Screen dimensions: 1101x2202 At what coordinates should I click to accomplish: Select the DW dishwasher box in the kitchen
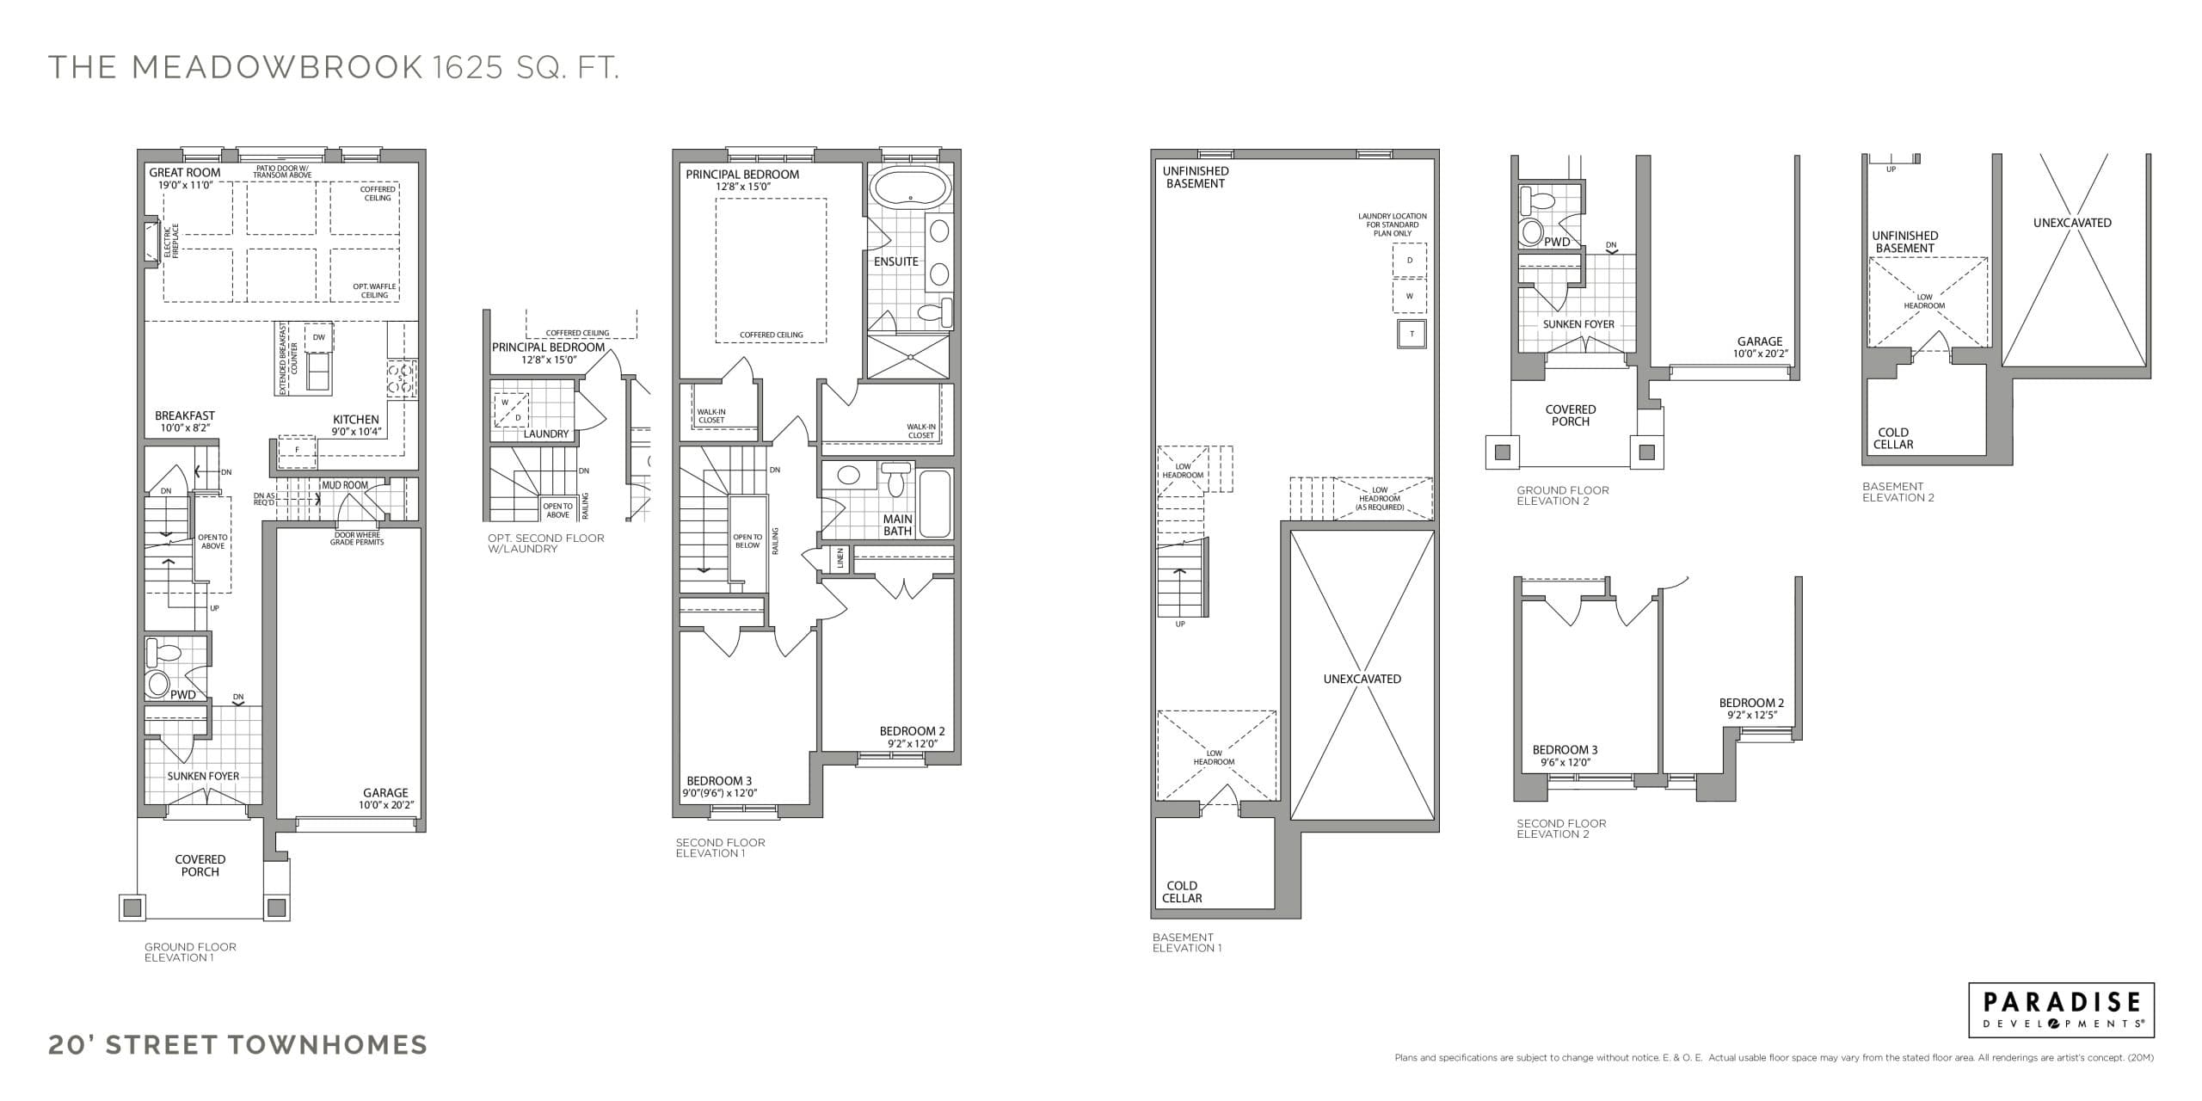318,337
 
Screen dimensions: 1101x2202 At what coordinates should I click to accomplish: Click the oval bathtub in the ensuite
910,187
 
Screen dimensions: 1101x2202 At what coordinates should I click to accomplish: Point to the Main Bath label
897,525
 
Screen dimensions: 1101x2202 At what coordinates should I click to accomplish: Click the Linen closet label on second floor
840,558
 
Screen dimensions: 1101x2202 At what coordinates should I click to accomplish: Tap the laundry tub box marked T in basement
1411,334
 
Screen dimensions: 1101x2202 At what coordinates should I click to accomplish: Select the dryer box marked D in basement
1409,260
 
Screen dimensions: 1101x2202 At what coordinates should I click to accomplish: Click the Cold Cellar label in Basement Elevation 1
1182,891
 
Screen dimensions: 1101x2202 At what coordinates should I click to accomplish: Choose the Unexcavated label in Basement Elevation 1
1362,679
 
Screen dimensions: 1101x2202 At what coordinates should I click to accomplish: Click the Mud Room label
344,485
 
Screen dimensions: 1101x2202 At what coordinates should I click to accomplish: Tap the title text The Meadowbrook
236,67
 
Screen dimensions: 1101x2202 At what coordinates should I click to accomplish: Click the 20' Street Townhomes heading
237,1044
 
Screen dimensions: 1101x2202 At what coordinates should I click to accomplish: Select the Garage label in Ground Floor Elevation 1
385,793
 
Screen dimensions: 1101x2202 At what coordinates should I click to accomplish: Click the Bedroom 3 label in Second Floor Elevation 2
1565,750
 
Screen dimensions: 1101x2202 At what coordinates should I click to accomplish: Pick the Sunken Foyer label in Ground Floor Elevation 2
1578,324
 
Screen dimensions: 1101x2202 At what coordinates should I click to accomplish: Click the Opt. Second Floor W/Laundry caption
545,543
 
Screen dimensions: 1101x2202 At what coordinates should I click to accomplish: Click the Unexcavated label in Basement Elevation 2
2072,223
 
